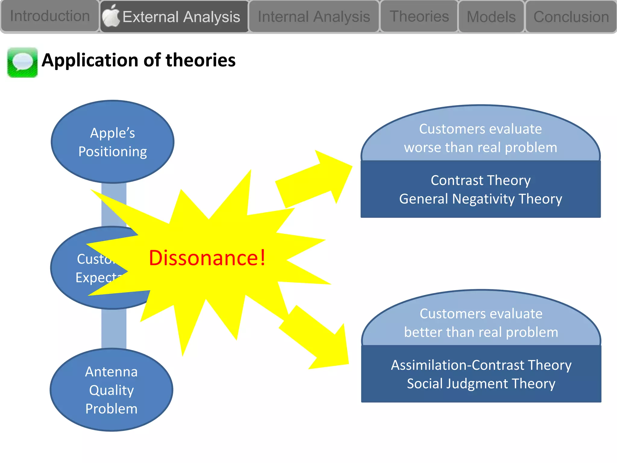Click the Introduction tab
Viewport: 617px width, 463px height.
[50, 16]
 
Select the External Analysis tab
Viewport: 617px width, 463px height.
[181, 17]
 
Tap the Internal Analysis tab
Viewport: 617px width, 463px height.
[314, 17]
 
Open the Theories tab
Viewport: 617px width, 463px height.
[419, 16]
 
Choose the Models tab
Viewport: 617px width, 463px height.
[491, 17]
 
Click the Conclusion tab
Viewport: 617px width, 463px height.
[571, 17]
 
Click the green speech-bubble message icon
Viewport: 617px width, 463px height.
[23, 62]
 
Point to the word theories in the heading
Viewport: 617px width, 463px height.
[200, 60]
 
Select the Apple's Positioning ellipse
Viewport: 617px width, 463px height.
[112, 142]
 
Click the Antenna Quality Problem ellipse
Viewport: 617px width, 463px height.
[111, 390]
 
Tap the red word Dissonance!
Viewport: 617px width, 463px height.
[207, 258]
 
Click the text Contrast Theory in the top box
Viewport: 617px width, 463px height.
[481, 180]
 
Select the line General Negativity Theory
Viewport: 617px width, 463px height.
[481, 199]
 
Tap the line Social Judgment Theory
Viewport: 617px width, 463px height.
[481, 384]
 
